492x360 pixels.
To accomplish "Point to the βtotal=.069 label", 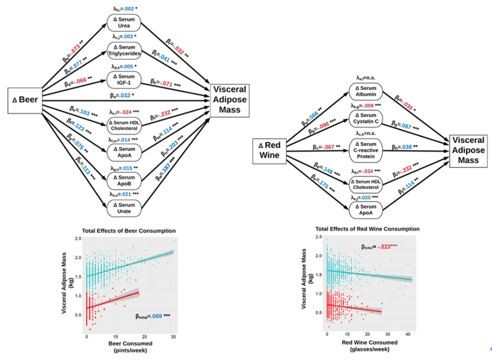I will coord(153,315).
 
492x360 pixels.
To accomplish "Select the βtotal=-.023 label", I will coord(379,247).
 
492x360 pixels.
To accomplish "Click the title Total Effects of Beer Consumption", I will coord(128,231).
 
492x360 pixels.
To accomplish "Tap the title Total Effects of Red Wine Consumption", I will coord(367,229).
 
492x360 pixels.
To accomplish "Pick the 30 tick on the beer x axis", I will coord(173,336).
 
